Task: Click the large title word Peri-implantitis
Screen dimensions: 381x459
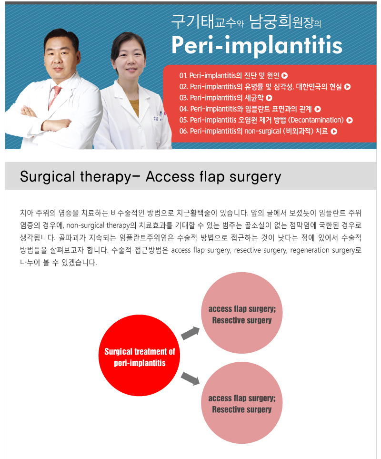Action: pyautogui.click(x=257, y=45)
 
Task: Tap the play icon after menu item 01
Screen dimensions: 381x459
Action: pyautogui.click(x=284, y=76)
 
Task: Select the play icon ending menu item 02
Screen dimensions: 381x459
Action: pyautogui.click(x=347, y=87)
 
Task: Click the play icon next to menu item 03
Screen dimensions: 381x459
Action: pyautogui.click(x=269, y=98)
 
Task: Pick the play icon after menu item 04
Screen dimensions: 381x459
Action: pyautogui.click(x=318, y=109)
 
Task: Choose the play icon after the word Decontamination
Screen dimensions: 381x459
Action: pyautogui.click(x=350, y=120)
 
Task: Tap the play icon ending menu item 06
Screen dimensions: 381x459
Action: pyautogui.click(x=334, y=132)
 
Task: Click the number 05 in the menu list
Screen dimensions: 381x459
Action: pyautogui.click(x=183, y=120)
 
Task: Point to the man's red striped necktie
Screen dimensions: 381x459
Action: pyautogui.click(x=55, y=97)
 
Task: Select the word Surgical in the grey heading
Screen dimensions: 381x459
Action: pyautogui.click(x=47, y=177)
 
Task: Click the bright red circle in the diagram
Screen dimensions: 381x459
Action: pyautogui.click(x=139, y=356)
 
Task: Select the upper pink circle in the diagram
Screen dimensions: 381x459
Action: pyautogui.click(x=242, y=313)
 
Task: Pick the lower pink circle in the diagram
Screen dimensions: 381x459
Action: pyautogui.click(x=242, y=402)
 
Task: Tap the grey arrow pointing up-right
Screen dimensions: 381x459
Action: pyautogui.click(x=190, y=333)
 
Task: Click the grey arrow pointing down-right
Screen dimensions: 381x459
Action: pyautogui.click(x=190, y=378)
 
